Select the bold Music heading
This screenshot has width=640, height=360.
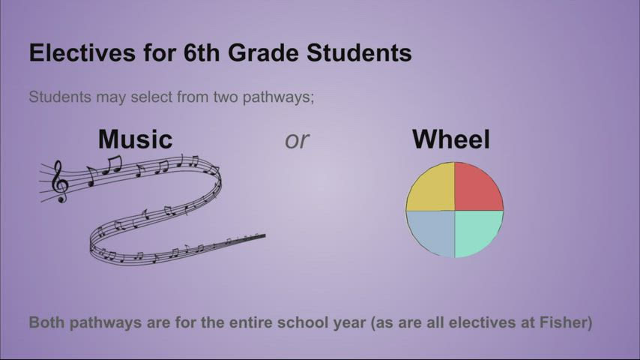point(135,139)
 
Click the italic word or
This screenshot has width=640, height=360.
point(297,139)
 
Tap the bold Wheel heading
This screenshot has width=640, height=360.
point(451,139)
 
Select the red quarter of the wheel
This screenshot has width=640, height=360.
point(477,188)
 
